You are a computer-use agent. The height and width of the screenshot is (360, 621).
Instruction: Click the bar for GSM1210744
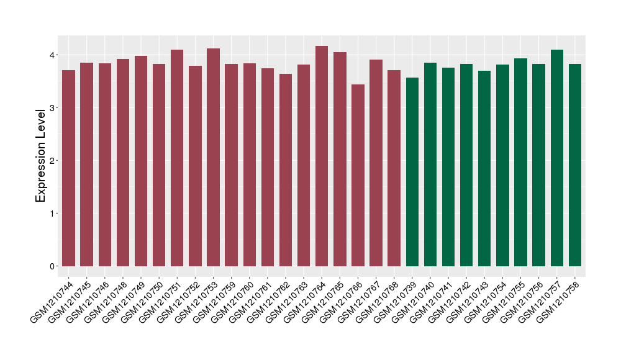68,168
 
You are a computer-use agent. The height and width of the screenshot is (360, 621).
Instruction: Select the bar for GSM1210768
394,168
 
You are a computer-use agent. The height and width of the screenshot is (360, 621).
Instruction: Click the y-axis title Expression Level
41,155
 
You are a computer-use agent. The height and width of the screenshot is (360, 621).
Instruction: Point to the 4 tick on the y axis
53,55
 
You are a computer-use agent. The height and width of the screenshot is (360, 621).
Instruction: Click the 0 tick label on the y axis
53,266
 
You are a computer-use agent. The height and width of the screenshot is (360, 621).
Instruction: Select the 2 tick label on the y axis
53,161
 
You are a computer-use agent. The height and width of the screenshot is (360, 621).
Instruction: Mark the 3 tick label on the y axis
53,108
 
